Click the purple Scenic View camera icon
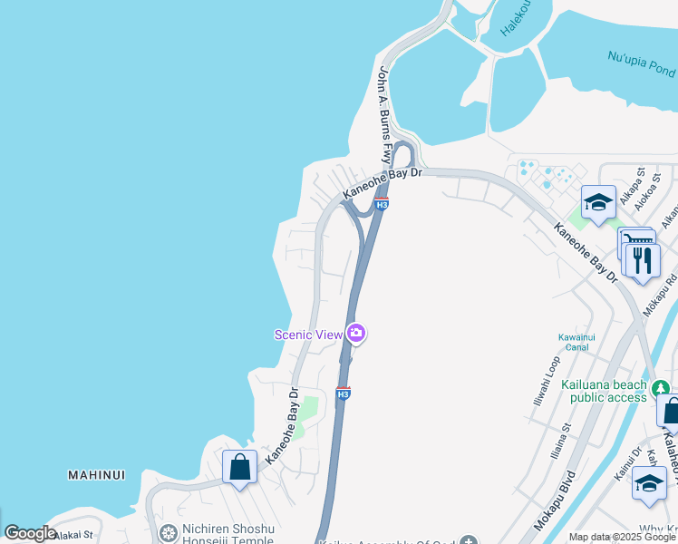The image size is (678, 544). (x=356, y=335)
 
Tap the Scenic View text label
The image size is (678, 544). (x=308, y=335)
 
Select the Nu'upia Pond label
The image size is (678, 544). (x=643, y=64)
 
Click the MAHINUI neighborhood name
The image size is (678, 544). (x=96, y=474)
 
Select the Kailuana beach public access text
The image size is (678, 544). (x=605, y=391)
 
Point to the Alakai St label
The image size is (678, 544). (x=73, y=535)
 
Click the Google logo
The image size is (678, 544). (x=30, y=533)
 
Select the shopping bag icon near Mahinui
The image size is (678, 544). (x=240, y=467)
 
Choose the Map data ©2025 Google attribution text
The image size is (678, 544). (x=623, y=538)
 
